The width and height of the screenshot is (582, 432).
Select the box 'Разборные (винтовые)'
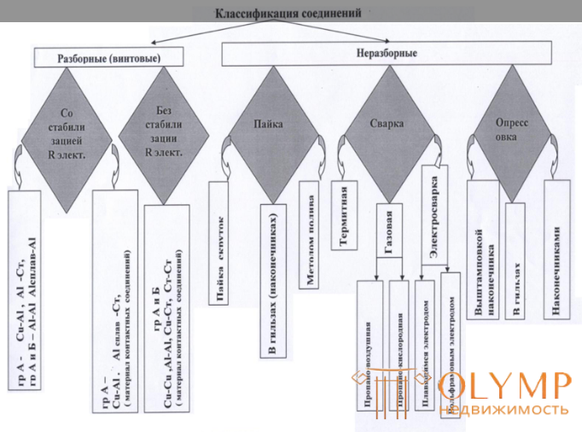[108, 57]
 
